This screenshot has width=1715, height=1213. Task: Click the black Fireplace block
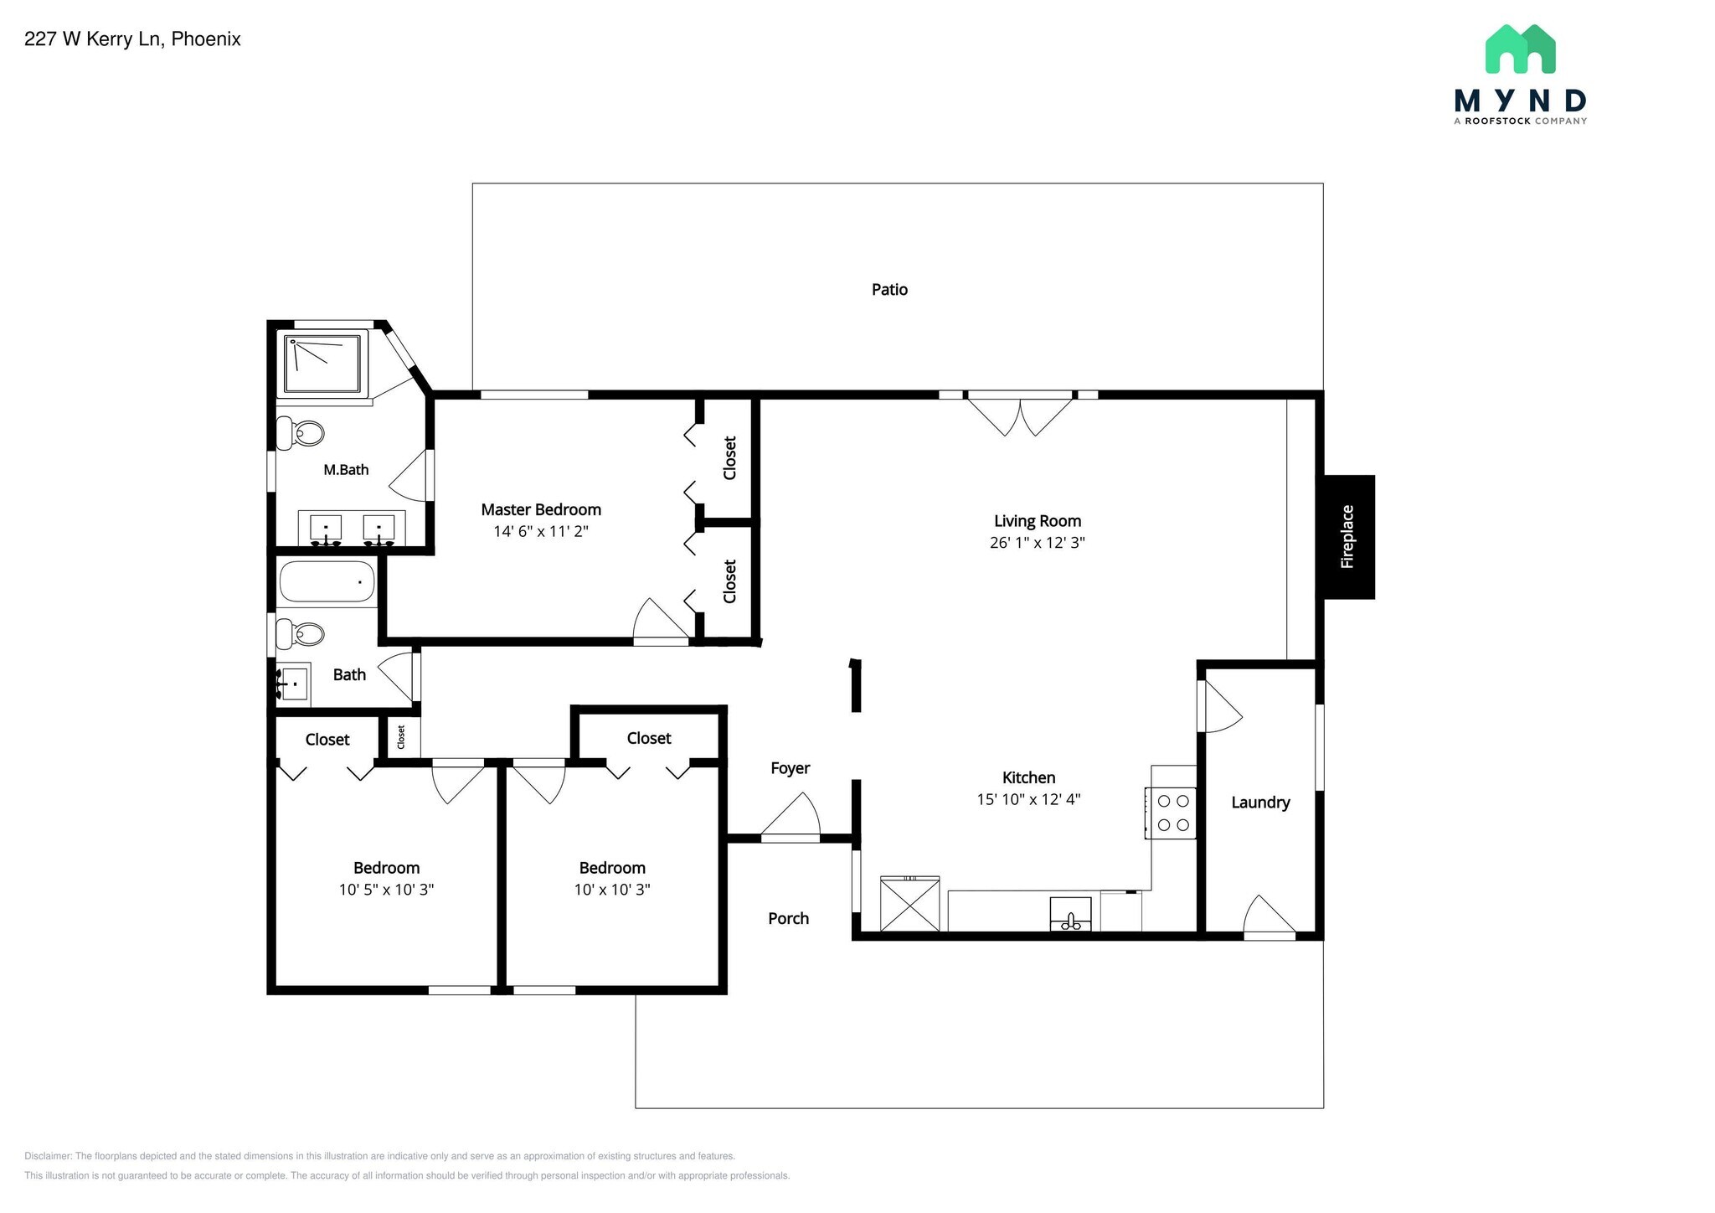(x=1347, y=537)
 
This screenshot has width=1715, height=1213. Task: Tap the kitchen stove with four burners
(x=1172, y=813)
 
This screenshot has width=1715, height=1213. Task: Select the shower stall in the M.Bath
(x=324, y=364)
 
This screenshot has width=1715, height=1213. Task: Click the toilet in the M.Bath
(x=301, y=433)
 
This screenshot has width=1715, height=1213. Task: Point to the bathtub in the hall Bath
(x=327, y=581)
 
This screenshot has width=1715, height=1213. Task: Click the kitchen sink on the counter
(x=1071, y=914)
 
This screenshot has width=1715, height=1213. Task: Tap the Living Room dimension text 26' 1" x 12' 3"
(x=1037, y=543)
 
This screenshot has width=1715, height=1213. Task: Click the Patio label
(x=889, y=290)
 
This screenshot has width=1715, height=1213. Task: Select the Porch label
(x=788, y=919)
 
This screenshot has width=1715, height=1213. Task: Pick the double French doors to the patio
(x=1020, y=414)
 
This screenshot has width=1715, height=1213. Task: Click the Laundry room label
(x=1259, y=803)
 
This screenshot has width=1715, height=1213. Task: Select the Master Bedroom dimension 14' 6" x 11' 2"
(x=541, y=531)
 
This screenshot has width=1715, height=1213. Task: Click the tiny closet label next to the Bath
(x=401, y=737)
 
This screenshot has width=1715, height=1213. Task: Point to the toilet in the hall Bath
(x=301, y=634)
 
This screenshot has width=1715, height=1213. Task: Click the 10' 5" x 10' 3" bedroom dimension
(x=386, y=890)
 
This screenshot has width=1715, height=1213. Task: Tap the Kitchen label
(x=1028, y=777)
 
